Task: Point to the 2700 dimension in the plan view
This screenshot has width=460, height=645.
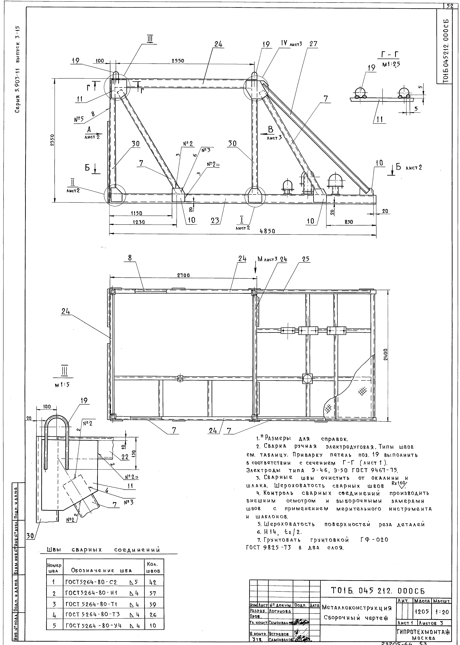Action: (x=183, y=275)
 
